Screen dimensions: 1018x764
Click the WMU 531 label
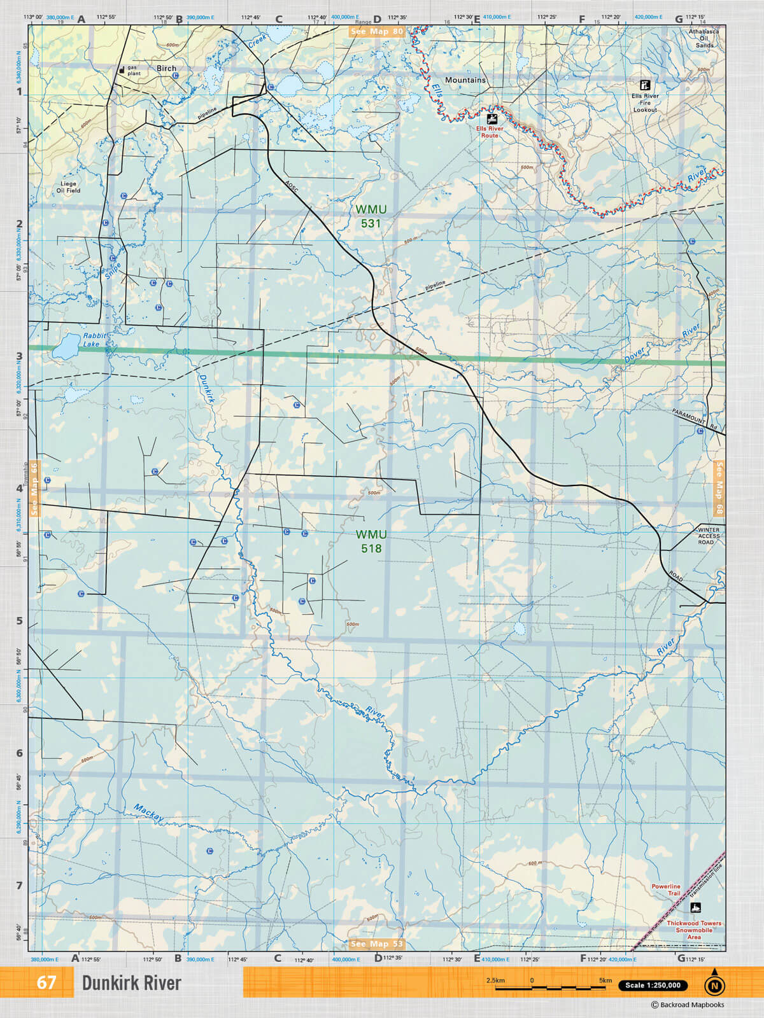click(x=371, y=216)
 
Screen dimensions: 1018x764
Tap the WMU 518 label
click(x=371, y=541)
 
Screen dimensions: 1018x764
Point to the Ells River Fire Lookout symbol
click(x=645, y=85)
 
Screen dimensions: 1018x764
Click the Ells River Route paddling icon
click(x=491, y=119)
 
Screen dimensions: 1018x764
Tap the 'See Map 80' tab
click(x=377, y=31)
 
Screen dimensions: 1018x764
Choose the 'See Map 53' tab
click(x=377, y=944)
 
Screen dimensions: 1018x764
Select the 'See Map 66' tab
click(x=34, y=489)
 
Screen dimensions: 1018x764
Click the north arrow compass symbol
click(x=714, y=984)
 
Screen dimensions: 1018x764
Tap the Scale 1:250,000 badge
click(x=653, y=985)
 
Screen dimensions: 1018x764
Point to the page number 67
click(x=46, y=982)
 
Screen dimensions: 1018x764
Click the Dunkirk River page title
click(x=131, y=983)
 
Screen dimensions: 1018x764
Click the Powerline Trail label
click(x=666, y=889)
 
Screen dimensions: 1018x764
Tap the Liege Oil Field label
click(x=68, y=187)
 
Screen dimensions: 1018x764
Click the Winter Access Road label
click(x=709, y=536)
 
